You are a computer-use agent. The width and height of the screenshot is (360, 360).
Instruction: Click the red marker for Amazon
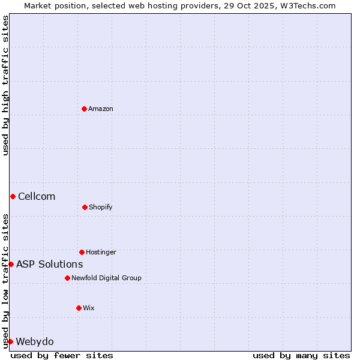(84, 109)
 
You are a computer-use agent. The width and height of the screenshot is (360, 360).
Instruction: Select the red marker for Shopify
(85, 207)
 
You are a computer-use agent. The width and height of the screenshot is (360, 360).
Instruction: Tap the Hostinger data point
(82, 252)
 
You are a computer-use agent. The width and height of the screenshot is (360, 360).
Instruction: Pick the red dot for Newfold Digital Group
(67, 278)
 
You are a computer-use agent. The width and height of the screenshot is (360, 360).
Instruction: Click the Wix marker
(79, 308)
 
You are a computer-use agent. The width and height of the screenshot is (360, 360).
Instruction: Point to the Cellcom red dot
(13, 196)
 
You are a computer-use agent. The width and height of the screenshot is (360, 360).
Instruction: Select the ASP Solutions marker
(11, 264)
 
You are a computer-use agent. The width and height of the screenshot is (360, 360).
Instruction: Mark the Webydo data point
(10, 341)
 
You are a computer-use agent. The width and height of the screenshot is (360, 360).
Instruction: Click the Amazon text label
(101, 109)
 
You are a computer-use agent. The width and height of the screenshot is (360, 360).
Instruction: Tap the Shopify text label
(101, 207)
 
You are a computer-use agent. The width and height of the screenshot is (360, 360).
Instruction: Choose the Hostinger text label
(101, 252)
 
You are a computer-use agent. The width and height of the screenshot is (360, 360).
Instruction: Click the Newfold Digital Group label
(106, 278)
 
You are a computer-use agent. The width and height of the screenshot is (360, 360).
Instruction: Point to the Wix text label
(89, 308)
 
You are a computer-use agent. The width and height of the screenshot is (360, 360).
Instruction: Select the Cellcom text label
(37, 196)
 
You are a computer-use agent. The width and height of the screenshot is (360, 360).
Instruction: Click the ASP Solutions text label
(49, 264)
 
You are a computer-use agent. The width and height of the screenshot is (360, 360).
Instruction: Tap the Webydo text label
(34, 341)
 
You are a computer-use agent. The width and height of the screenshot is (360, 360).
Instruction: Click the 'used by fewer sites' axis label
(62, 355)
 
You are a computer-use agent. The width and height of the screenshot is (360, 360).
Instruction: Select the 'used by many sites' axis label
(301, 355)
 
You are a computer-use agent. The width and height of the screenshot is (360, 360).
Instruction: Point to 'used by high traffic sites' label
(5, 85)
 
